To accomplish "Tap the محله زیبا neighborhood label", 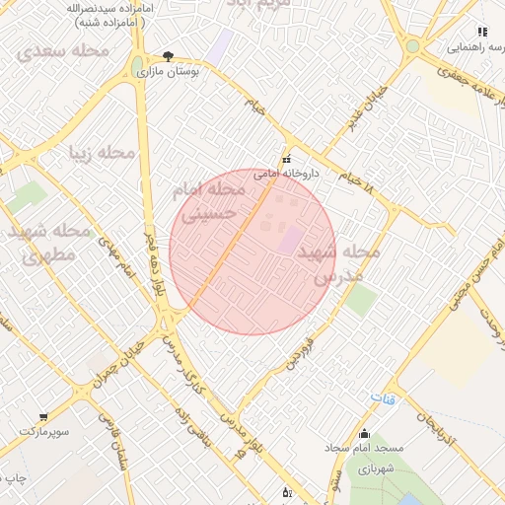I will tap(101, 153).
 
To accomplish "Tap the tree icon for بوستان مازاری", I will tap(169, 56).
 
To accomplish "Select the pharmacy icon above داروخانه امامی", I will tap(286, 159).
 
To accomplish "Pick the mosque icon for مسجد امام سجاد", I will tap(365, 433).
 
